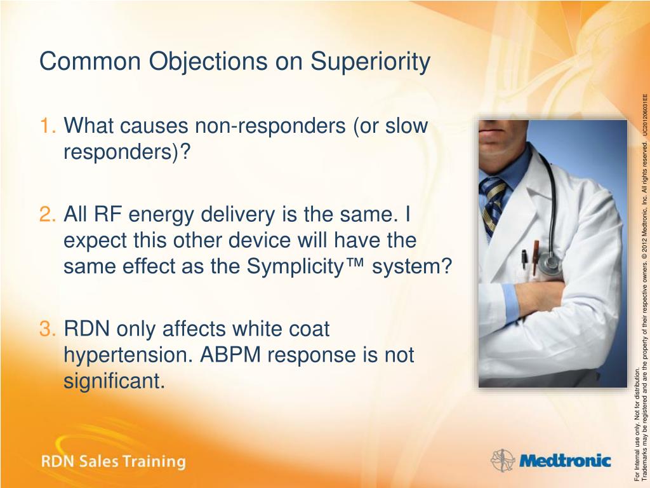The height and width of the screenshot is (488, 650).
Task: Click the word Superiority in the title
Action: [x=370, y=62]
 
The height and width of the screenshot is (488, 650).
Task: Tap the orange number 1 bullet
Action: [x=48, y=125]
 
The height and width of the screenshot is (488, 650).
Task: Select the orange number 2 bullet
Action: [x=48, y=214]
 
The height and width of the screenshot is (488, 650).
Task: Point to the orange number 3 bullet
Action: [x=48, y=329]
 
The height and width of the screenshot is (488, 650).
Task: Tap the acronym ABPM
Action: [x=233, y=355]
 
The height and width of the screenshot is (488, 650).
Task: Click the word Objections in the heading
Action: [x=208, y=62]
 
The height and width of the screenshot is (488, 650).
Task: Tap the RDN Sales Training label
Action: [x=113, y=461]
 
